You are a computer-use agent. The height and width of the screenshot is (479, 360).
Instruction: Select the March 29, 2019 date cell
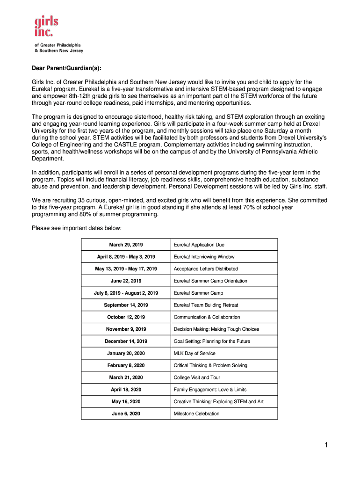click(126, 245)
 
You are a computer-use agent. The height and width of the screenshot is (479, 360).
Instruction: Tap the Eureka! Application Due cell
click(199, 245)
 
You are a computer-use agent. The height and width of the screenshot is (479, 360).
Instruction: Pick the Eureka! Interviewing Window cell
click(204, 257)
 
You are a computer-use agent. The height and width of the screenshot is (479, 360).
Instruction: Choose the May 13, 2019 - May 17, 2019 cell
click(126, 269)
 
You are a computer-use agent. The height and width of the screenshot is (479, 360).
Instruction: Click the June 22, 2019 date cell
click(126, 281)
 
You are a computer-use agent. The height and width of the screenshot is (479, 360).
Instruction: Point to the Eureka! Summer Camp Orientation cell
click(210, 281)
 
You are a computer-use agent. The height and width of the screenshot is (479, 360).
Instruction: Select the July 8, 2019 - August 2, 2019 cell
click(126, 293)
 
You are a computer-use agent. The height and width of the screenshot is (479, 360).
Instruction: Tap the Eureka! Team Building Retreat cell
click(206, 305)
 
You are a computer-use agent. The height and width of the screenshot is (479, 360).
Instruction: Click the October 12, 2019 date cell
click(126, 317)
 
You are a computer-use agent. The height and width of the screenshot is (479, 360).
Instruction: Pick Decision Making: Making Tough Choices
click(216, 329)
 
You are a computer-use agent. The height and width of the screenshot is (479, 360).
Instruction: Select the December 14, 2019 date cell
click(126, 341)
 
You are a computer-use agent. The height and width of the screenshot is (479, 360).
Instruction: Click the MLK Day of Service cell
click(194, 354)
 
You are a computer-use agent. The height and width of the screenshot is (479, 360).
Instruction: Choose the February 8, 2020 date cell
click(126, 365)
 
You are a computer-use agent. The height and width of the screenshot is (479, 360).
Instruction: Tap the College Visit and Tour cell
click(197, 377)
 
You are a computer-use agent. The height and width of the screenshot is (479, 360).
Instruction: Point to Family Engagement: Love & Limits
click(210, 390)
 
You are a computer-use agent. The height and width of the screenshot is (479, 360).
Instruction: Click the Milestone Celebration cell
click(196, 414)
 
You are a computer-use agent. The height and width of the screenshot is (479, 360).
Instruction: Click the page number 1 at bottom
click(326, 446)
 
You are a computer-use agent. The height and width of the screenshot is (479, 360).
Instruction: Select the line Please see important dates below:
click(76, 228)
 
